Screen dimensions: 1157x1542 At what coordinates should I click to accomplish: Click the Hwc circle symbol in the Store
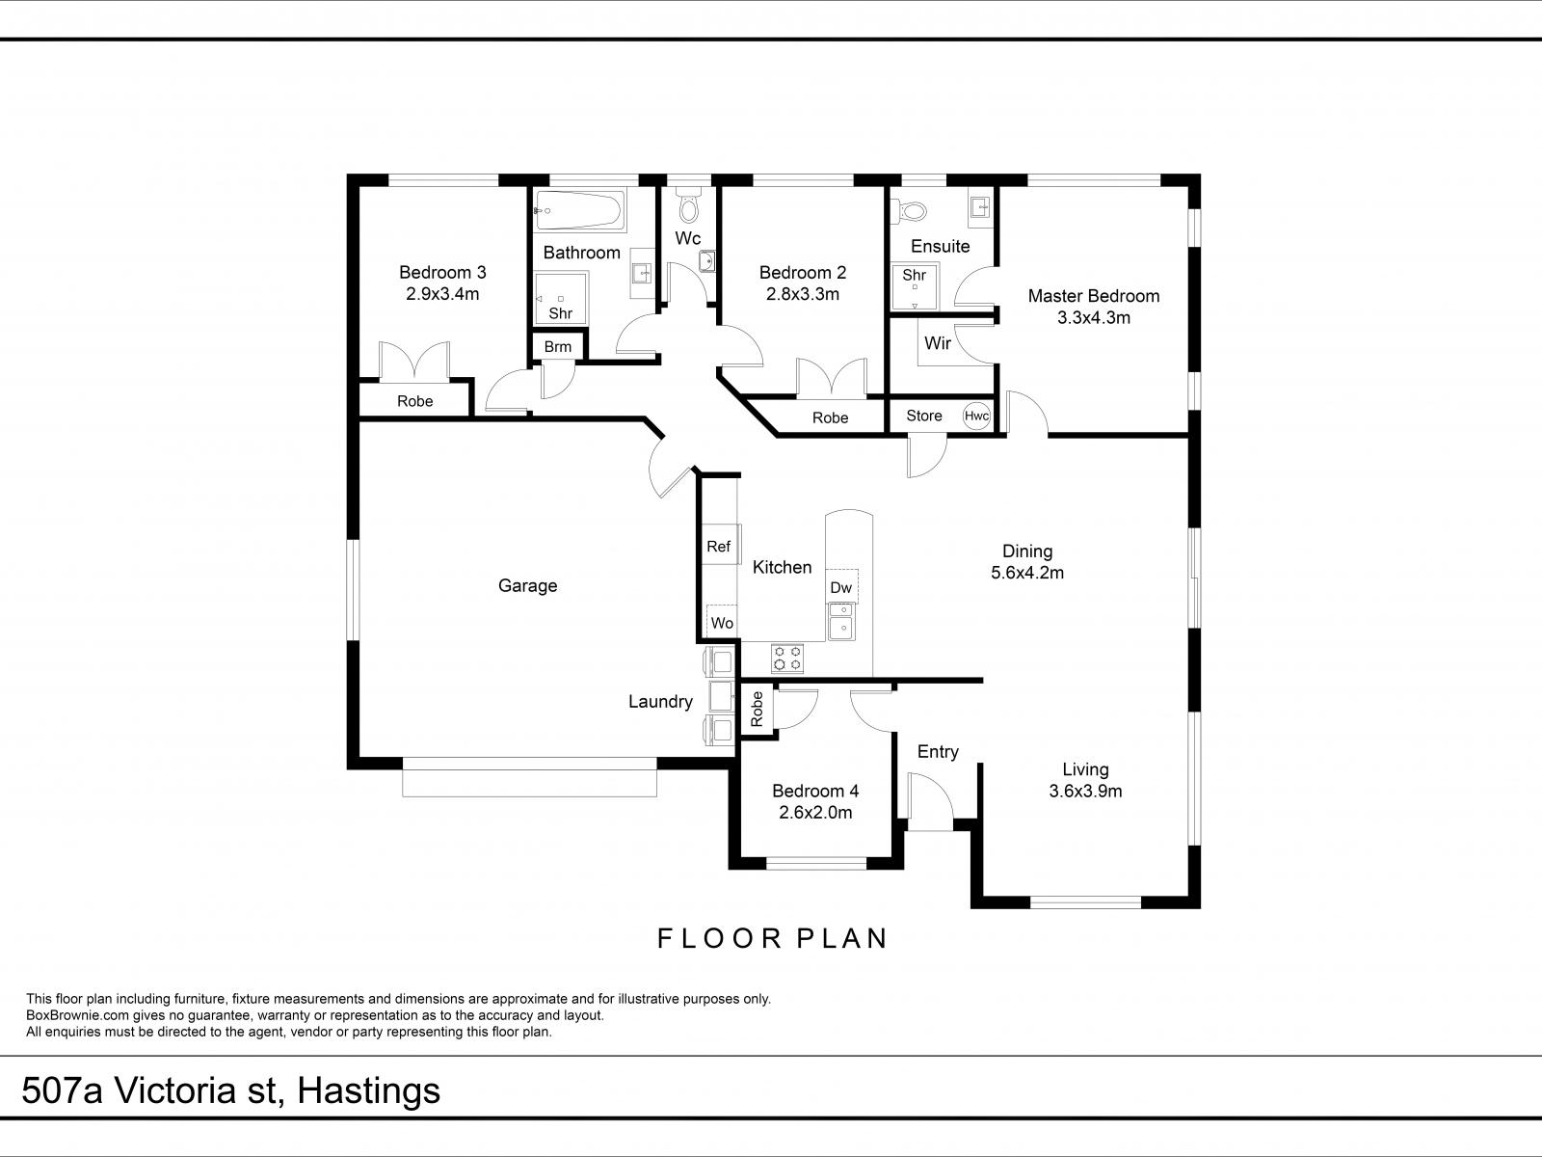coord(976,416)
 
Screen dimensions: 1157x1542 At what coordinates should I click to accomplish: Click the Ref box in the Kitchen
coord(719,546)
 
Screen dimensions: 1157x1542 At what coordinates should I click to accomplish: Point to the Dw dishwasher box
coord(841,586)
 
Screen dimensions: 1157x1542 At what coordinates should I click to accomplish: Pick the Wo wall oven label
coord(722,623)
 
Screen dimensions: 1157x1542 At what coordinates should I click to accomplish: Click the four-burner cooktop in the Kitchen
coord(786,659)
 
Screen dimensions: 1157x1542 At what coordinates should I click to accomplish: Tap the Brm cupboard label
coord(557,346)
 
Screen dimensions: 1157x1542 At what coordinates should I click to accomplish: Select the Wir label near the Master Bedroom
coord(937,342)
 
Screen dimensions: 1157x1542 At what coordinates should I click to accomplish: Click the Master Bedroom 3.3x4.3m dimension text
coord(1093,317)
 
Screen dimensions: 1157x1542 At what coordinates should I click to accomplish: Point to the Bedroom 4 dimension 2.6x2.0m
coord(815,812)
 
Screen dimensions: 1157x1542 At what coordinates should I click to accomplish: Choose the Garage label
coord(527,585)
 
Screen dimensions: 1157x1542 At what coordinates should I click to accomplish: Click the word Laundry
coord(660,701)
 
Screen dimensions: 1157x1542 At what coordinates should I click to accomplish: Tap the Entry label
coord(938,751)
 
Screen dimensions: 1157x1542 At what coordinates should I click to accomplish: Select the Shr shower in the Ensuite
coord(914,285)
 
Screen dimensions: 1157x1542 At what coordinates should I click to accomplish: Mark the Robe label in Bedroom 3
coord(414,400)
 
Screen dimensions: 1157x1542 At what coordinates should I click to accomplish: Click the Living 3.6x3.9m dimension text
coord(1085,791)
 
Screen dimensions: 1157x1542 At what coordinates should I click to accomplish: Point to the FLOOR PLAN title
coord(772,937)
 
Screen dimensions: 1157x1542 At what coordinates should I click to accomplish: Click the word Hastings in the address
coord(368,1090)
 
